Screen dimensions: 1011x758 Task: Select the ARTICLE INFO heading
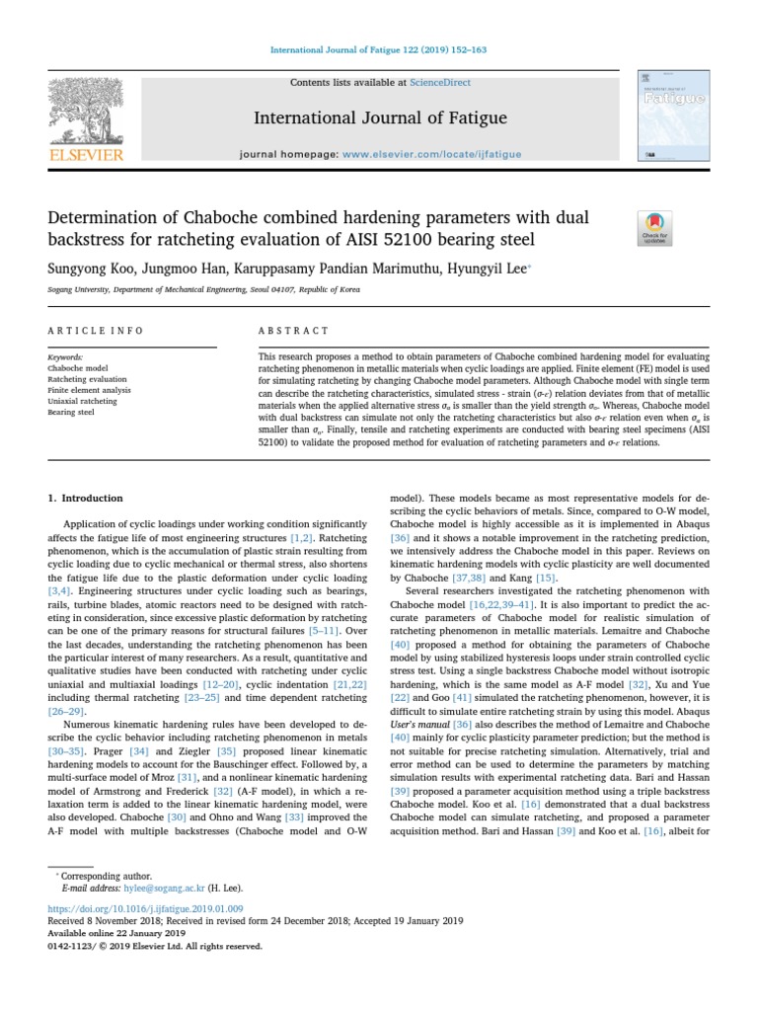96,331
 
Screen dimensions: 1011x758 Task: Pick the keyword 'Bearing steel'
71,412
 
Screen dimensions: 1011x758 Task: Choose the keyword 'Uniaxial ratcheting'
82,401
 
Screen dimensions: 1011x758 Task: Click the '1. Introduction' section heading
86,499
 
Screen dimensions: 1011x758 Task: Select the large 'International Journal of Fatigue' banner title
380,118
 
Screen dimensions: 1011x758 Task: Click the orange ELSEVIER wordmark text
87,155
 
